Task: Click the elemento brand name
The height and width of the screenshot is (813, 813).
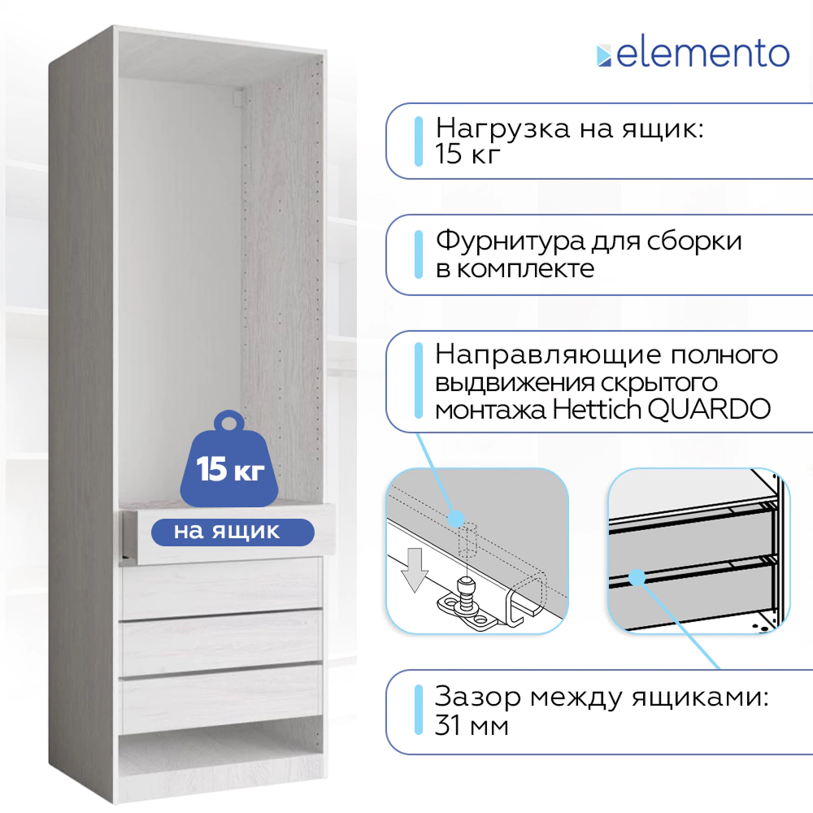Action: click(702, 54)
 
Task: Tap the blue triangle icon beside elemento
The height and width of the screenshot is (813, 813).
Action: click(604, 56)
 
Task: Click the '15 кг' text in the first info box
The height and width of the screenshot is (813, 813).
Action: click(467, 154)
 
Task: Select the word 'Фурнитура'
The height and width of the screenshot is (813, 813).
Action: click(511, 242)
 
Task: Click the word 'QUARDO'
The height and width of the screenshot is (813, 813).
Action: click(709, 410)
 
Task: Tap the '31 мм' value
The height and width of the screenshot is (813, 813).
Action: click(472, 725)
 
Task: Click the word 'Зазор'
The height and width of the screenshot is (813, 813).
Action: click(477, 698)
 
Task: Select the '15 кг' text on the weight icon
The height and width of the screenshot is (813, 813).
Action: click(230, 469)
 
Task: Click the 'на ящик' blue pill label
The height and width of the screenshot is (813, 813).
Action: click(233, 532)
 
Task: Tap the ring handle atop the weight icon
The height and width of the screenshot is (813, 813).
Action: click(229, 420)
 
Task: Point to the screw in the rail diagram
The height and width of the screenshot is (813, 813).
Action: click(464, 590)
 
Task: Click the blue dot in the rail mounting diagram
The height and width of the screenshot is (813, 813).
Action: click(456, 519)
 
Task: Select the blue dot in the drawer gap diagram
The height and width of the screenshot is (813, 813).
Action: click(637, 577)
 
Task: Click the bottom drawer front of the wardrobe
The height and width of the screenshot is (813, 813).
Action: click(221, 698)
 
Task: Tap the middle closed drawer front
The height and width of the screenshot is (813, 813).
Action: click(221, 643)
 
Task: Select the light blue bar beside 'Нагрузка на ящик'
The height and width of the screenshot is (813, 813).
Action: click(419, 141)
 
